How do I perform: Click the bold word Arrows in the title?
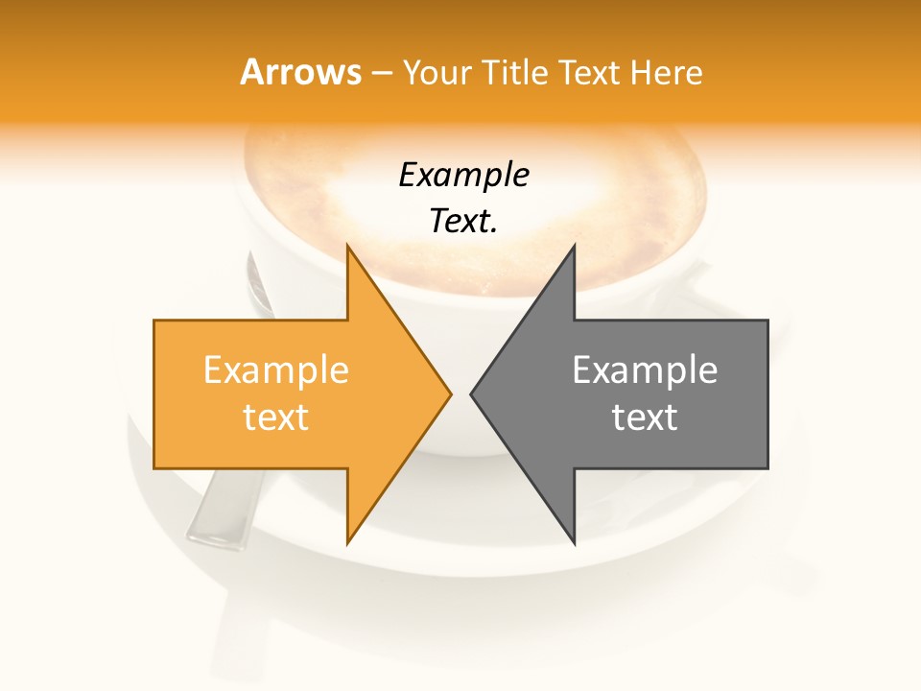point(300,72)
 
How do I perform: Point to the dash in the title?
point(382,73)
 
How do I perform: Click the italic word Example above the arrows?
point(464,176)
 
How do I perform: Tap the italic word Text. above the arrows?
point(464,222)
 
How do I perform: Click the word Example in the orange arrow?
point(276,370)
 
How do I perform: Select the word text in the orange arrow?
point(276,417)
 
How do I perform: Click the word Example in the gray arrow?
point(645,370)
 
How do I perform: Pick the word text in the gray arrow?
point(645,417)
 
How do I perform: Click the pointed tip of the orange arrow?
point(450,393)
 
